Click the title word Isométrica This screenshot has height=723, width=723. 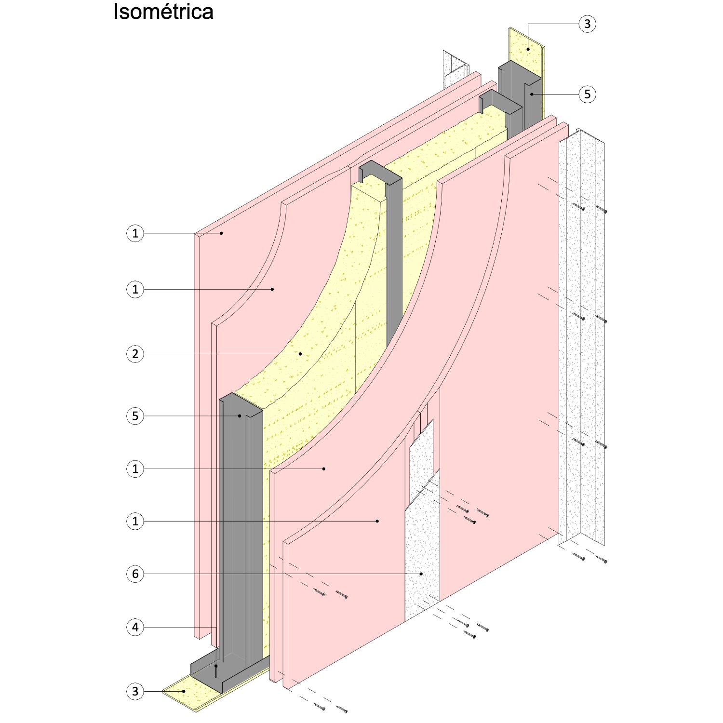pyautogui.click(x=163, y=12)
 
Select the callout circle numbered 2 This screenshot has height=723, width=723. pyautogui.click(x=135, y=354)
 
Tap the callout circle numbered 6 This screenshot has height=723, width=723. pyautogui.click(x=135, y=574)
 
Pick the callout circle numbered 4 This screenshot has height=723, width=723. pyautogui.click(x=135, y=627)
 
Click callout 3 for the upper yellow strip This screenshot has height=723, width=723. pyautogui.click(x=587, y=24)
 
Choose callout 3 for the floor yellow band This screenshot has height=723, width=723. pyautogui.click(x=135, y=692)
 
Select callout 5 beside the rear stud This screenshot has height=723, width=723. pyautogui.click(x=587, y=94)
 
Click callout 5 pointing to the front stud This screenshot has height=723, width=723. pyautogui.click(x=135, y=416)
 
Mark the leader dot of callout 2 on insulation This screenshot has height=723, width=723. pyautogui.click(x=300, y=354)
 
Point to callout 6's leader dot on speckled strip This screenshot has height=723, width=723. pyautogui.click(x=421, y=574)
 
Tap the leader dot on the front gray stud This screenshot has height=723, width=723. pyautogui.click(x=239, y=416)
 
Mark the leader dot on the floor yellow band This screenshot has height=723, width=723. pyautogui.click(x=184, y=691)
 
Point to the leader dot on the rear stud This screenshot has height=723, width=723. pyautogui.click(x=532, y=94)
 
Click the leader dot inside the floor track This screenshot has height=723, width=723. pyautogui.click(x=216, y=666)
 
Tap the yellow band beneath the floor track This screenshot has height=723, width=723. pyautogui.click(x=193, y=696)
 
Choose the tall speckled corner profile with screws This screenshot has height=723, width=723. pyautogui.click(x=581, y=337)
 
